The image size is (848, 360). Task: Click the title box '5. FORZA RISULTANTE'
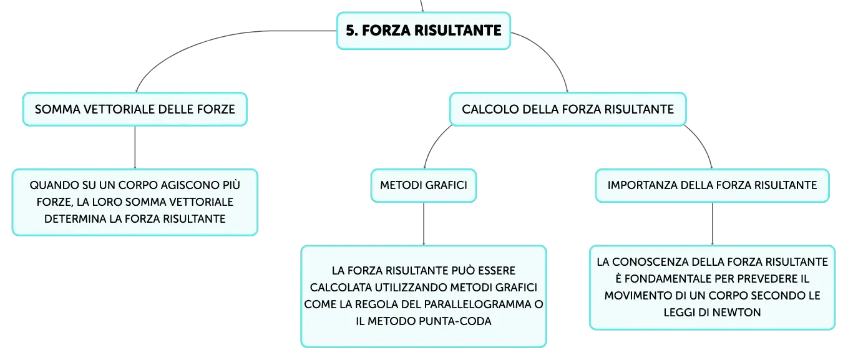(x=424, y=31)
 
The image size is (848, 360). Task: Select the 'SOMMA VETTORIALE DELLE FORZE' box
(x=135, y=109)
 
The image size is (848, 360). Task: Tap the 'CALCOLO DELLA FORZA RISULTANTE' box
(x=568, y=109)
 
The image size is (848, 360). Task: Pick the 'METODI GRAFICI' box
(x=424, y=185)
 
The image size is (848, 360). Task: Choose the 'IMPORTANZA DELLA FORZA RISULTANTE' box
(x=712, y=185)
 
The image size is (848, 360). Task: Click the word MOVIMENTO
(x=633, y=296)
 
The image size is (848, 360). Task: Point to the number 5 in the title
(x=351, y=31)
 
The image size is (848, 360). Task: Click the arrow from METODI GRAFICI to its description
(x=424, y=224)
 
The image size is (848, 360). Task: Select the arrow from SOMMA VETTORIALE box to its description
(x=135, y=147)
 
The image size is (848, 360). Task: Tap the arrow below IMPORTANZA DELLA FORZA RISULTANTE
(x=712, y=224)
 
